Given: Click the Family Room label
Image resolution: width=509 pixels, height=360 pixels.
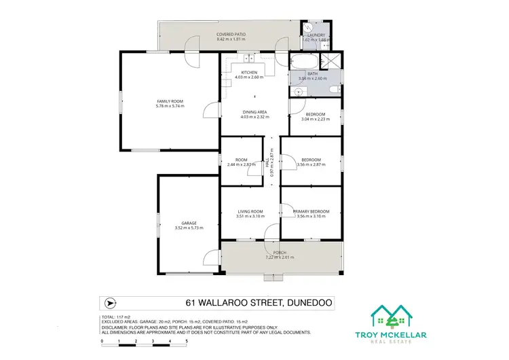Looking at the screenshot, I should point(170,102).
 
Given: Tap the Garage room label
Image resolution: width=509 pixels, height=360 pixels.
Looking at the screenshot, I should point(189,222).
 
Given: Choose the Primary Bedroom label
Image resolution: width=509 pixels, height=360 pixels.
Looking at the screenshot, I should point(311,211).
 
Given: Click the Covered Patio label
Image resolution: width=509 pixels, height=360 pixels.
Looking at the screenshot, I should point(231,34).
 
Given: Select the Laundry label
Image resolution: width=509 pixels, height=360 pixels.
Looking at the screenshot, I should point(316,35).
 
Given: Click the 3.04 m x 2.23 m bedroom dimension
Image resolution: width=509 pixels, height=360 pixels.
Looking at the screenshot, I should point(316,119).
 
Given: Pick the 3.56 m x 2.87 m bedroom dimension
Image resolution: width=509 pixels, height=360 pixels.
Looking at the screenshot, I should point(311,164).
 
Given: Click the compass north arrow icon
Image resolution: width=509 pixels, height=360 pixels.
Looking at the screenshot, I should point(110,303).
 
